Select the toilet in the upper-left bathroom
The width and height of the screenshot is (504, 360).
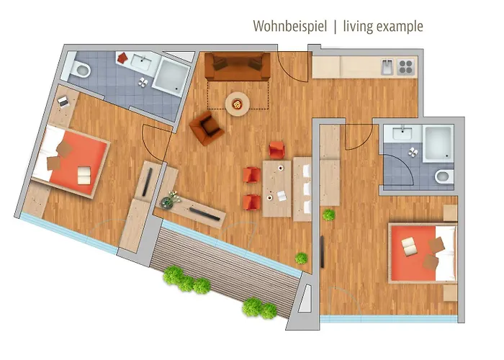[80, 70]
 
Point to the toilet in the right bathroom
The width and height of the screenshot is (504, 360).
[444, 176]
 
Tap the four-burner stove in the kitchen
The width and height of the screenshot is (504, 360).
[405, 66]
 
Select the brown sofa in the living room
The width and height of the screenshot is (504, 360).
[237, 67]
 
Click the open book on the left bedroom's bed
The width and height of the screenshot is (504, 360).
[84, 174]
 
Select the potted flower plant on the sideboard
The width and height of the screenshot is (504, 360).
[171, 198]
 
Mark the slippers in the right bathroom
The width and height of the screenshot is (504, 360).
[413, 152]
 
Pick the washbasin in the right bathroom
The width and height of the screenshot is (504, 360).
[399, 133]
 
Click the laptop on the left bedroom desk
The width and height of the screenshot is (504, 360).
[63, 102]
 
